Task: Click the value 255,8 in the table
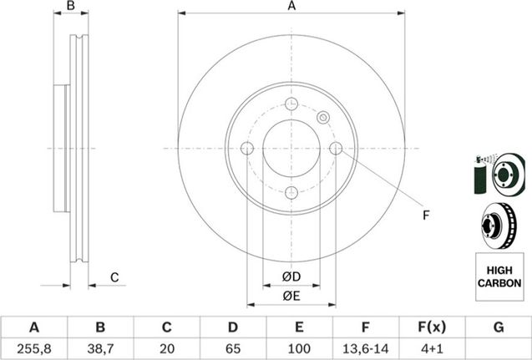(34, 348)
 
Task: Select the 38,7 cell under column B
(100, 348)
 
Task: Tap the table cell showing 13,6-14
(366, 348)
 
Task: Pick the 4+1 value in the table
(431, 348)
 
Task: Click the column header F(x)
(431, 327)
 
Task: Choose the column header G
(499, 327)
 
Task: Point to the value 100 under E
(299, 348)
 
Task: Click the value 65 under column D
(233, 348)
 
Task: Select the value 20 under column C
(166, 348)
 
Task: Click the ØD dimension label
(291, 276)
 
